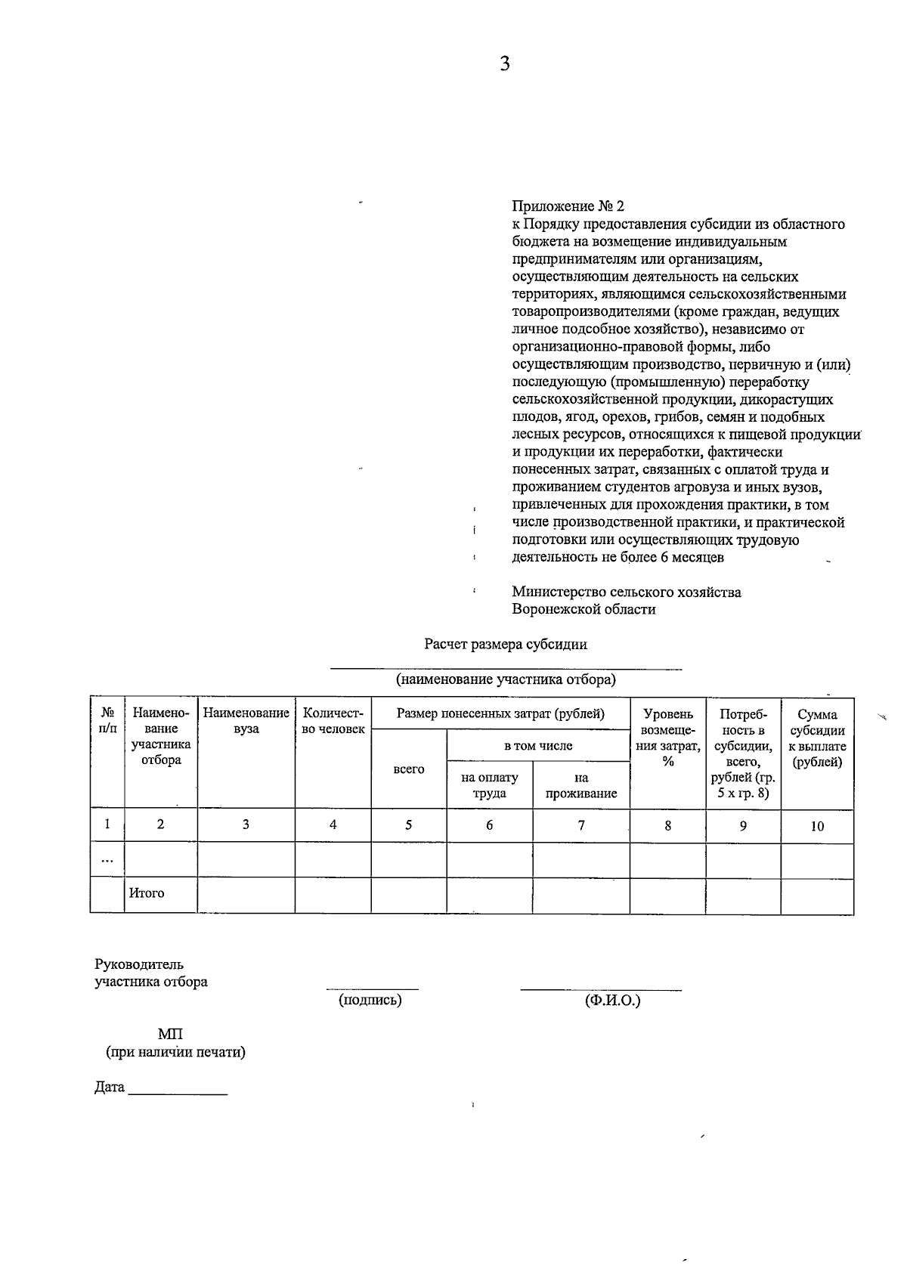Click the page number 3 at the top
(x=505, y=63)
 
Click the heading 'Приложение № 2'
(x=568, y=206)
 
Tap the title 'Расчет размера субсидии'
(x=505, y=645)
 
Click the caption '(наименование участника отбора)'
(x=506, y=679)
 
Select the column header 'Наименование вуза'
(x=246, y=721)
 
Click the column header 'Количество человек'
(x=333, y=721)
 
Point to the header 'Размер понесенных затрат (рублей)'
(x=500, y=713)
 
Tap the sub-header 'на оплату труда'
(x=490, y=785)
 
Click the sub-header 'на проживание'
(x=580, y=785)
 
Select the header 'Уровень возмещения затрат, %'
(x=667, y=737)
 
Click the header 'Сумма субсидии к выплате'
(x=817, y=738)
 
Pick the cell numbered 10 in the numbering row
(x=817, y=826)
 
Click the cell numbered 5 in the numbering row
(x=408, y=825)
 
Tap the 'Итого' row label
(x=147, y=893)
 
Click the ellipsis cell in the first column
(x=107, y=860)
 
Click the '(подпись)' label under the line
(x=370, y=1000)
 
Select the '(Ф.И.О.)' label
(x=612, y=1000)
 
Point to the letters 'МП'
(x=170, y=1034)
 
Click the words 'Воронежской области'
(x=584, y=609)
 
